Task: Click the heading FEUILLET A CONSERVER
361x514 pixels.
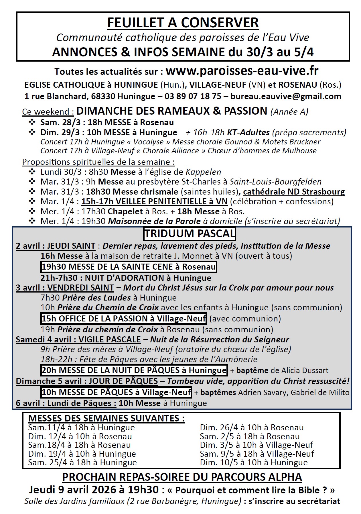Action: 183,23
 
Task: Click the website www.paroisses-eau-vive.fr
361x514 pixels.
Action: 242,70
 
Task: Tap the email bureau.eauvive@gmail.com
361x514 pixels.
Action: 285,96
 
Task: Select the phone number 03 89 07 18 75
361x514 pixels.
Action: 193,96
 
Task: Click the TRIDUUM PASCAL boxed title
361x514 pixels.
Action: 190,234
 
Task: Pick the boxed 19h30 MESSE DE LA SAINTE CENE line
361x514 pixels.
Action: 129,267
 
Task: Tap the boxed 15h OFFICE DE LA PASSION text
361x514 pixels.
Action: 124,318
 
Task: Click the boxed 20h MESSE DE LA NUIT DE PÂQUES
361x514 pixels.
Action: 134,370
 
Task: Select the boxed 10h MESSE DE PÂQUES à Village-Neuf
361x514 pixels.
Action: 116,392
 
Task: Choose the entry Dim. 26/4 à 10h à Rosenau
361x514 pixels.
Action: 252,427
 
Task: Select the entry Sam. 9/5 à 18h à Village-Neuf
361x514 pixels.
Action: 257,454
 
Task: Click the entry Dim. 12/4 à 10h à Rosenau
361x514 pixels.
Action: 80,436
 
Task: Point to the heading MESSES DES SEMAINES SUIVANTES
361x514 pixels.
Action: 106,418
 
